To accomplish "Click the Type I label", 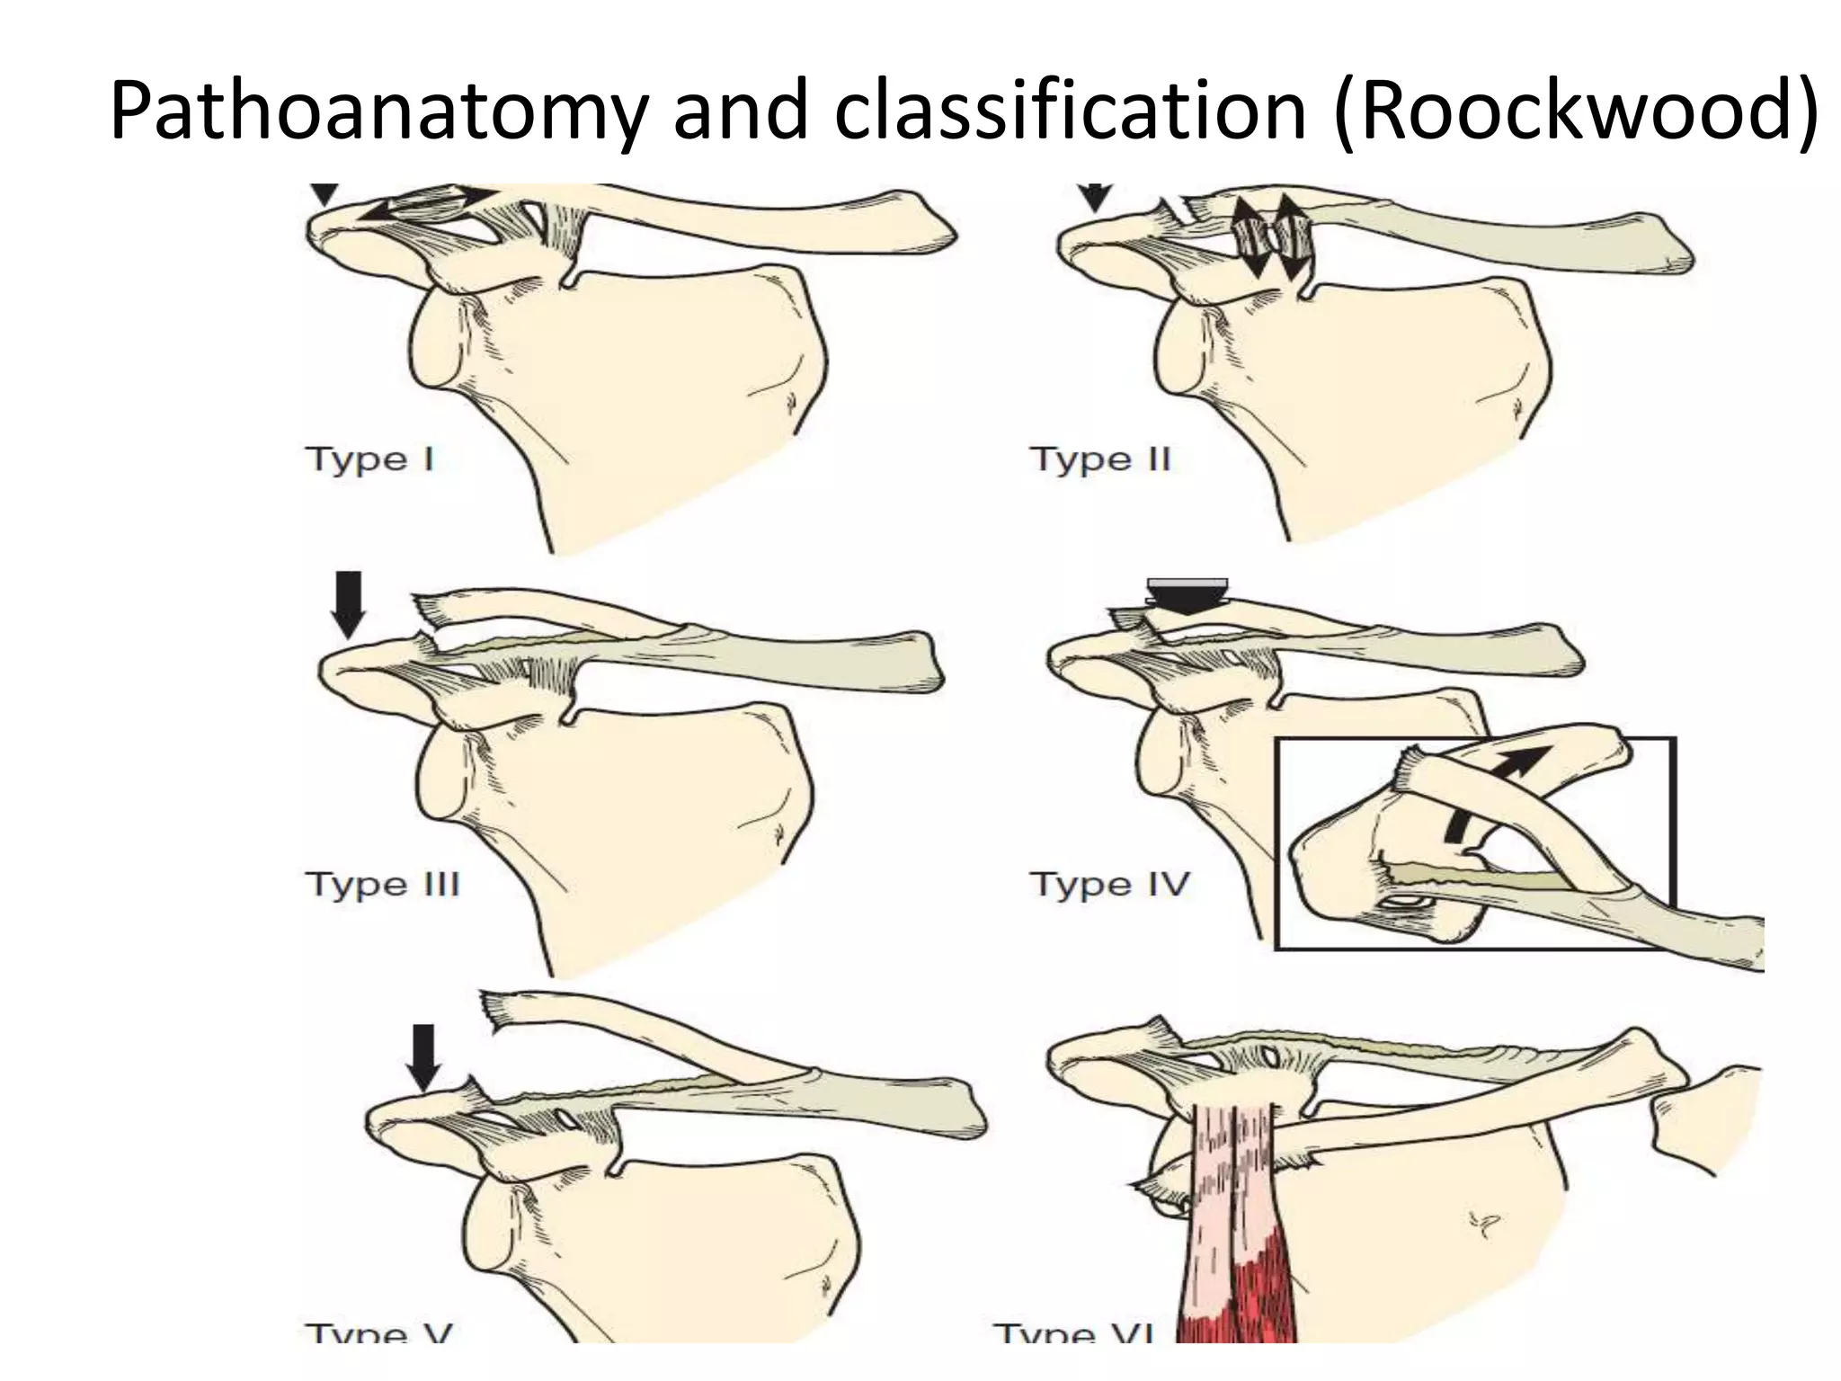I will [x=369, y=459].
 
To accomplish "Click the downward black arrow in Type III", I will [x=349, y=604].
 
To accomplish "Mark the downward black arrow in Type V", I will [x=423, y=1056].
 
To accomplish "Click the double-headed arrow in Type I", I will [x=428, y=205].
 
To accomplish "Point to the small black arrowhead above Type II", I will [x=1094, y=197].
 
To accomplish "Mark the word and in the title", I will [x=741, y=111].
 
